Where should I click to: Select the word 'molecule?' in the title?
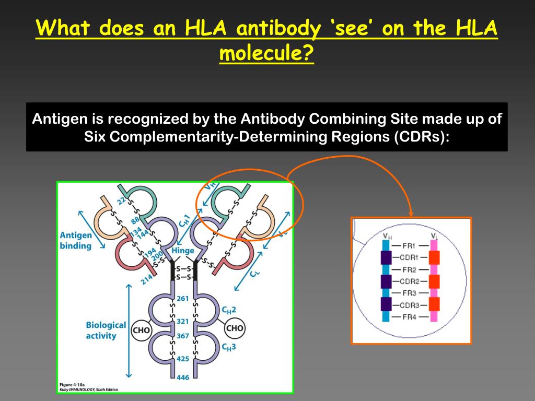[266, 53]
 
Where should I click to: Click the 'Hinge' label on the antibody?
[183, 251]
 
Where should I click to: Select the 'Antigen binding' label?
[76, 240]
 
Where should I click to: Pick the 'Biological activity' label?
[106, 330]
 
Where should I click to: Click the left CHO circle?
[142, 329]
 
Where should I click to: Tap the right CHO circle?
[234, 328]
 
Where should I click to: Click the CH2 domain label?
[229, 310]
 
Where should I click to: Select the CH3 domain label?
[229, 347]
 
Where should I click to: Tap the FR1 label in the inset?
[410, 244]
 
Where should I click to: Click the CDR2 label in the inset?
[410, 281]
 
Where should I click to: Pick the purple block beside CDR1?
[386, 257]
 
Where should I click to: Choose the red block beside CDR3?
[434, 304]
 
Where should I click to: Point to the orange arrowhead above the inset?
[411, 213]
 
